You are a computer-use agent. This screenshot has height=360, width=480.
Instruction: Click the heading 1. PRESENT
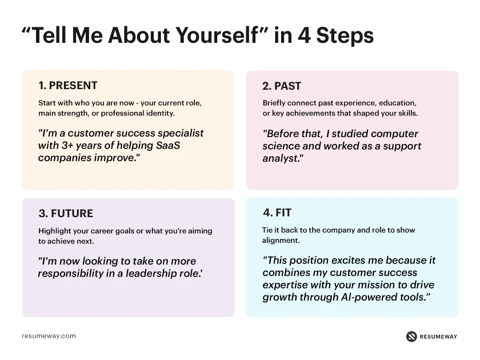pyautogui.click(x=68, y=86)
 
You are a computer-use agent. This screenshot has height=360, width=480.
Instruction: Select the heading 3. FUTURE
pyautogui.click(x=66, y=214)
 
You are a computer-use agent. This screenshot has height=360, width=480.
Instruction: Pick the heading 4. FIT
pyautogui.click(x=277, y=213)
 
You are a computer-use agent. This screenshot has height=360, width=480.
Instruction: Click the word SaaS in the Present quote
pyautogui.click(x=172, y=145)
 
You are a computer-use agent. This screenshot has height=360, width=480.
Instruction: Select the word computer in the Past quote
pyautogui.click(x=390, y=134)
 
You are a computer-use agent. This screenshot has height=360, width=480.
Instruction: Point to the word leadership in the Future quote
pyautogui.click(x=143, y=274)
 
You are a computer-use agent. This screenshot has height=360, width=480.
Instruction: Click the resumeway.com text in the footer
pyautogui.click(x=49, y=336)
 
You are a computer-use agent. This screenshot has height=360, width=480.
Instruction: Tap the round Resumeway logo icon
pyautogui.click(x=411, y=337)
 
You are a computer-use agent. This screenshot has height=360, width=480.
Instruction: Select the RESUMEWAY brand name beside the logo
pyautogui.click(x=439, y=337)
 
